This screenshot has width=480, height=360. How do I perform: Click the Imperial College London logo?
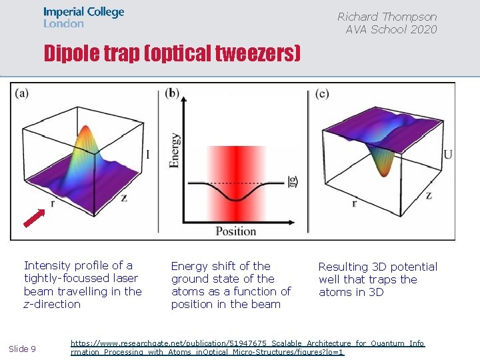coord(83,17)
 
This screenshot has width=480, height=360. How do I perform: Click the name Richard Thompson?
coord(387,17)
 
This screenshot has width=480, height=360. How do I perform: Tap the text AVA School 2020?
coord(391,29)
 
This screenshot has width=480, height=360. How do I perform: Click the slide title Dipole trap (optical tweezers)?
coord(172,54)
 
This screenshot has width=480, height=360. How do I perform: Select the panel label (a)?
coord(21,93)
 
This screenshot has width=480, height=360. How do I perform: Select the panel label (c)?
coord(323,94)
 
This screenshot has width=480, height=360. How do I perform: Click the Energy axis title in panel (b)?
coord(175,149)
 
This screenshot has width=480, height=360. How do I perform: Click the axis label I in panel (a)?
coord(147,155)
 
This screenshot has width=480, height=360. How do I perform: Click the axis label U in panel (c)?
coord(448,155)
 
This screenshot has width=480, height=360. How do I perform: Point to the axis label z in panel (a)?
coord(125,197)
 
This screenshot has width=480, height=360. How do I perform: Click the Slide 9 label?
coord(23,349)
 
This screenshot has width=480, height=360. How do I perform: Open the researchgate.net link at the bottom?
coord(247,347)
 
